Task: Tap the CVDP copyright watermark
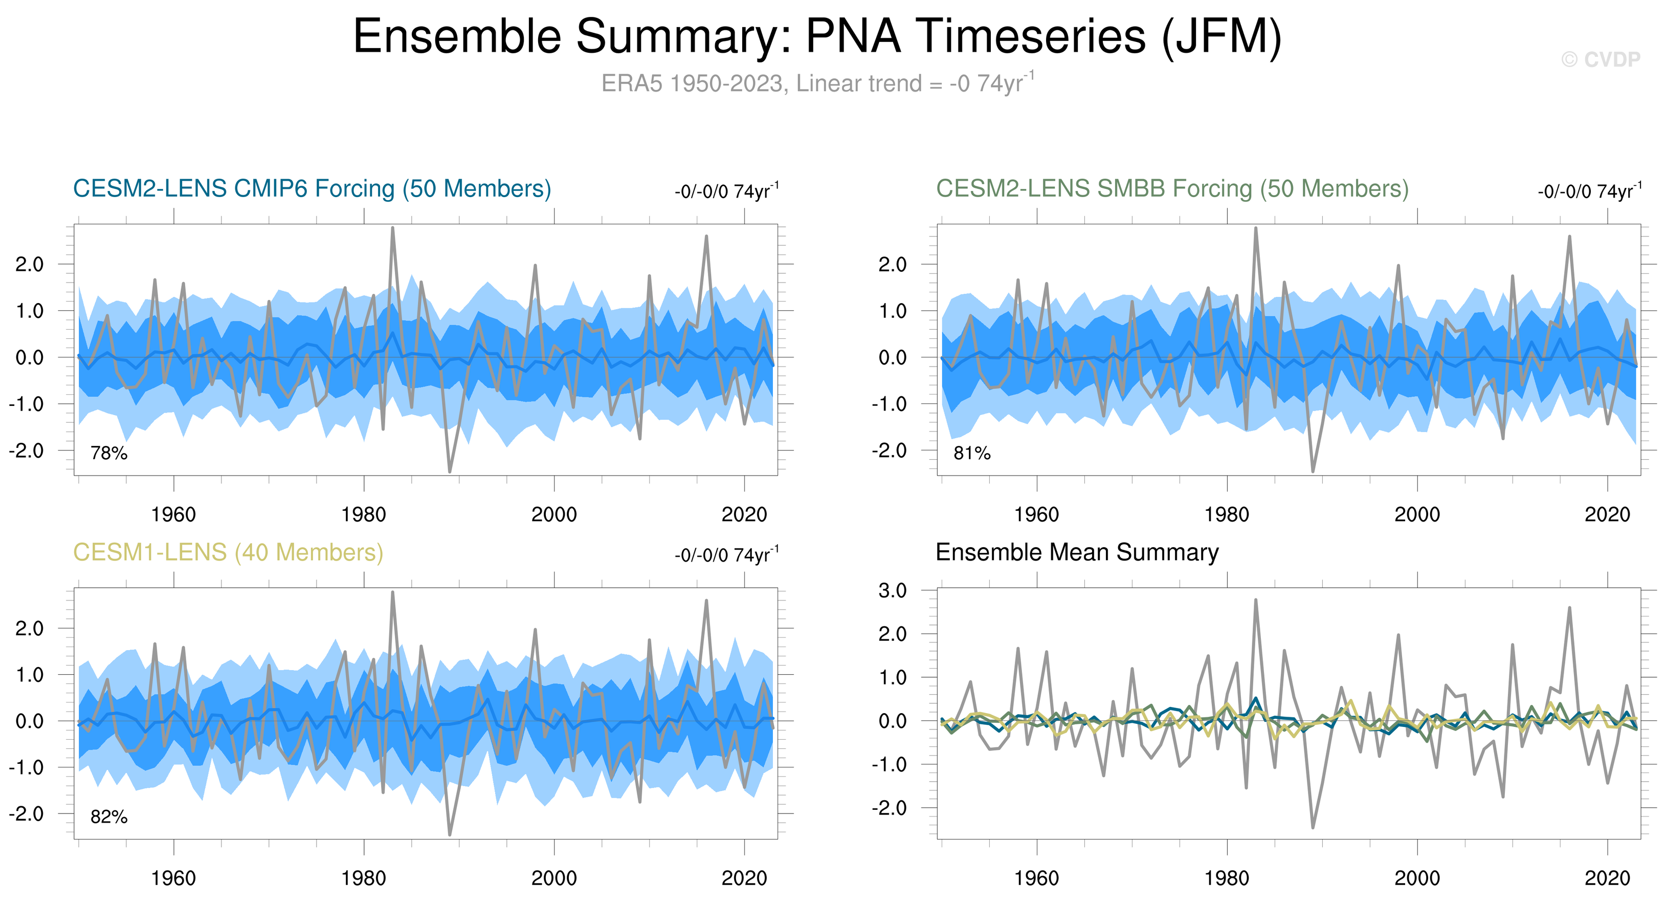[1601, 59]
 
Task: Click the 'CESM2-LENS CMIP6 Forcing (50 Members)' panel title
[312, 189]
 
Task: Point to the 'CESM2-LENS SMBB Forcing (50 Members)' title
[1172, 189]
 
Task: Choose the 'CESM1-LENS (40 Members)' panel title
[228, 552]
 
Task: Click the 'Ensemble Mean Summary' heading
[1077, 552]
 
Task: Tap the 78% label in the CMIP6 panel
[108, 453]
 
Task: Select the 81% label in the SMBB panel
[971, 453]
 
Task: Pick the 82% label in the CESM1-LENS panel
[108, 817]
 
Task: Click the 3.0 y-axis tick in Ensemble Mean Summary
[893, 590]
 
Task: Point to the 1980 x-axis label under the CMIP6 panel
[364, 515]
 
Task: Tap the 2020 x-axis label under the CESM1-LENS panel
[744, 878]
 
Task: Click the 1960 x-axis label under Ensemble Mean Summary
[1037, 878]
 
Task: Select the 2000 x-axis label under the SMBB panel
[1417, 515]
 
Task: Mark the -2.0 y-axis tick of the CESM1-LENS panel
[27, 814]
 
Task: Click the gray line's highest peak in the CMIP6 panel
[392, 228]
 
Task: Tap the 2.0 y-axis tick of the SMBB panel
[893, 264]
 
